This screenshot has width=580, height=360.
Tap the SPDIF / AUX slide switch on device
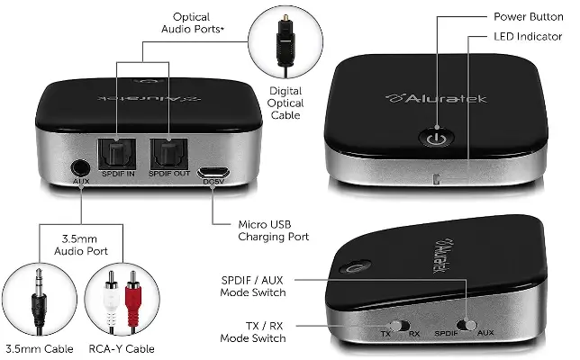pos(467,324)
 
